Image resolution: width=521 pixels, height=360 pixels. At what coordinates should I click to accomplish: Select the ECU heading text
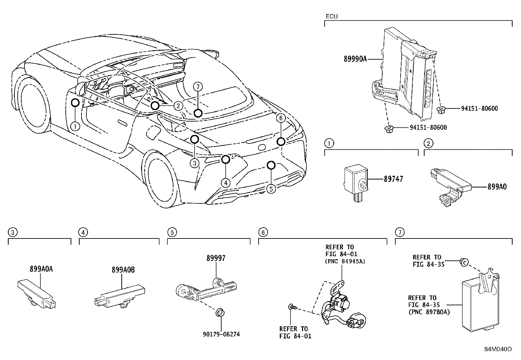(332, 16)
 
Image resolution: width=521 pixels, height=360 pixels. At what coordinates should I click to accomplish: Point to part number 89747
(393, 179)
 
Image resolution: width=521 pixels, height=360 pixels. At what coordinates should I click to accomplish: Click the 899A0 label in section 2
(497, 187)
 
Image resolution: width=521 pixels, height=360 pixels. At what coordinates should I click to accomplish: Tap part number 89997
(216, 258)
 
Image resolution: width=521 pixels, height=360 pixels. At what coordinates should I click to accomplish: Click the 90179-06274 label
(221, 334)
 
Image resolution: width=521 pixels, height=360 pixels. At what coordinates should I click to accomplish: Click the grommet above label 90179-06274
(220, 312)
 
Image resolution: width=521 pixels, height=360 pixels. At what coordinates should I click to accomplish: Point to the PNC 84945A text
(345, 261)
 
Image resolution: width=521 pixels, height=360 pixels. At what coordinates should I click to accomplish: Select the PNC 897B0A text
(429, 312)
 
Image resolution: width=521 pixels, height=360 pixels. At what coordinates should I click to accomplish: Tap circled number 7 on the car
(198, 87)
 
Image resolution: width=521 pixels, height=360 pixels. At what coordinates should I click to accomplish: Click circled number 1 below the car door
(75, 126)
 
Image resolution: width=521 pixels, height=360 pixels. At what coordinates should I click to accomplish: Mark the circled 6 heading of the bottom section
(263, 233)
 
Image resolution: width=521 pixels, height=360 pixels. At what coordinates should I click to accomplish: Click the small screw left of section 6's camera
(291, 307)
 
